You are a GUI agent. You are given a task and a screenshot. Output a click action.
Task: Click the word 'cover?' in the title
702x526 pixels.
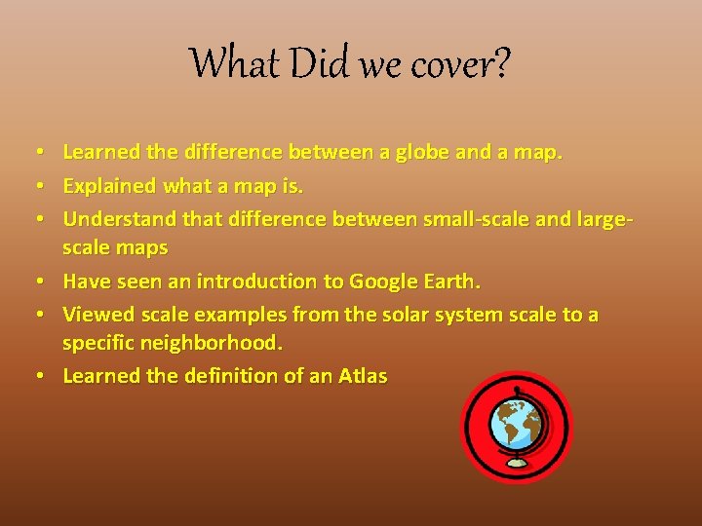(x=461, y=64)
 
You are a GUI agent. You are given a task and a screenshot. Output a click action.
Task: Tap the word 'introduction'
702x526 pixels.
(x=257, y=282)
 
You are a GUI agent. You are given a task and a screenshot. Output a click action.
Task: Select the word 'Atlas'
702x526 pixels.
(x=362, y=376)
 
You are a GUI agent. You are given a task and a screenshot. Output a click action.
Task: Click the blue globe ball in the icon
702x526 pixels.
(x=516, y=421)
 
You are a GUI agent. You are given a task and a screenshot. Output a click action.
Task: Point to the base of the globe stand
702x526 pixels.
(x=517, y=461)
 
